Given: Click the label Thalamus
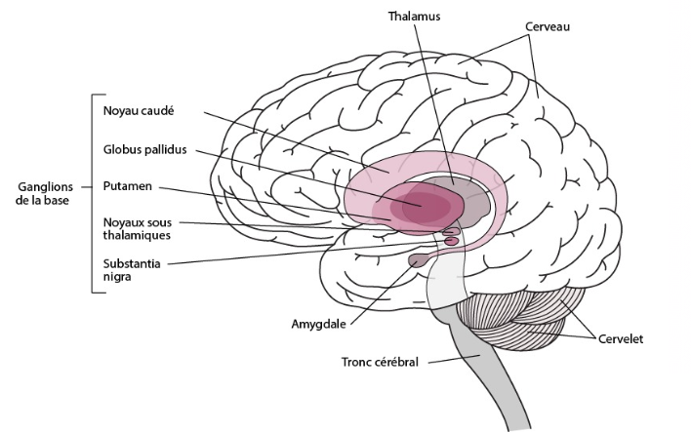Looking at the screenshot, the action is coord(414,17).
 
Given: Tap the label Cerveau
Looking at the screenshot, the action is coord(548,27).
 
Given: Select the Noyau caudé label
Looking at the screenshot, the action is coord(139,110).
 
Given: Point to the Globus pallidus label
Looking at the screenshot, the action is coord(144,150).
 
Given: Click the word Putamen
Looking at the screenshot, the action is coord(127,186).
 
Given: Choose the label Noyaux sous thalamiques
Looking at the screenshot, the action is coord(137,228).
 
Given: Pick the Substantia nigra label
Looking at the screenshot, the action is coord(132,270).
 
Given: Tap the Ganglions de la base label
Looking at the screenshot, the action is coord(45,193).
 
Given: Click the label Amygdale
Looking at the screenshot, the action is coord(318,325).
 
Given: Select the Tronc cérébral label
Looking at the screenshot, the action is coord(380,362).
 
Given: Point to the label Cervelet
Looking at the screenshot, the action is coord(621,339).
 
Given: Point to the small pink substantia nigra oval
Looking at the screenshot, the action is coord(451,241).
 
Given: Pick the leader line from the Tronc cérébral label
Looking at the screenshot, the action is coord(454,359).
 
